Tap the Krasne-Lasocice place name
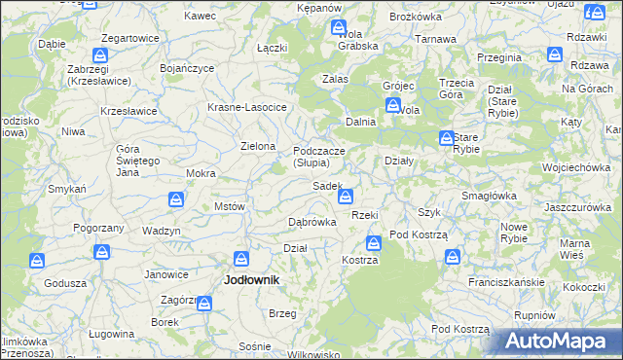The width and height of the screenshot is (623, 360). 246,107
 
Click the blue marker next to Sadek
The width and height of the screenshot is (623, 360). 345,197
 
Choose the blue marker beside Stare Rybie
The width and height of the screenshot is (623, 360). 446,138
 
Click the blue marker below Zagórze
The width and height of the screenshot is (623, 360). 203,304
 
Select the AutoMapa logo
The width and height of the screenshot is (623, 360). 560,341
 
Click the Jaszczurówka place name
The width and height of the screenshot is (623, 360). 577,207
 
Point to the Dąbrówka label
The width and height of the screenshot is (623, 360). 312,222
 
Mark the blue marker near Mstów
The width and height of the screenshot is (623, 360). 176,199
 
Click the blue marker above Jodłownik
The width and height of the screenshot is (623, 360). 242,258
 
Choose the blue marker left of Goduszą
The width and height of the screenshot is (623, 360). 37,261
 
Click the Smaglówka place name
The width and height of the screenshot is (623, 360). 489,196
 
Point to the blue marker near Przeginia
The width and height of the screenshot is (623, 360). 554,54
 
